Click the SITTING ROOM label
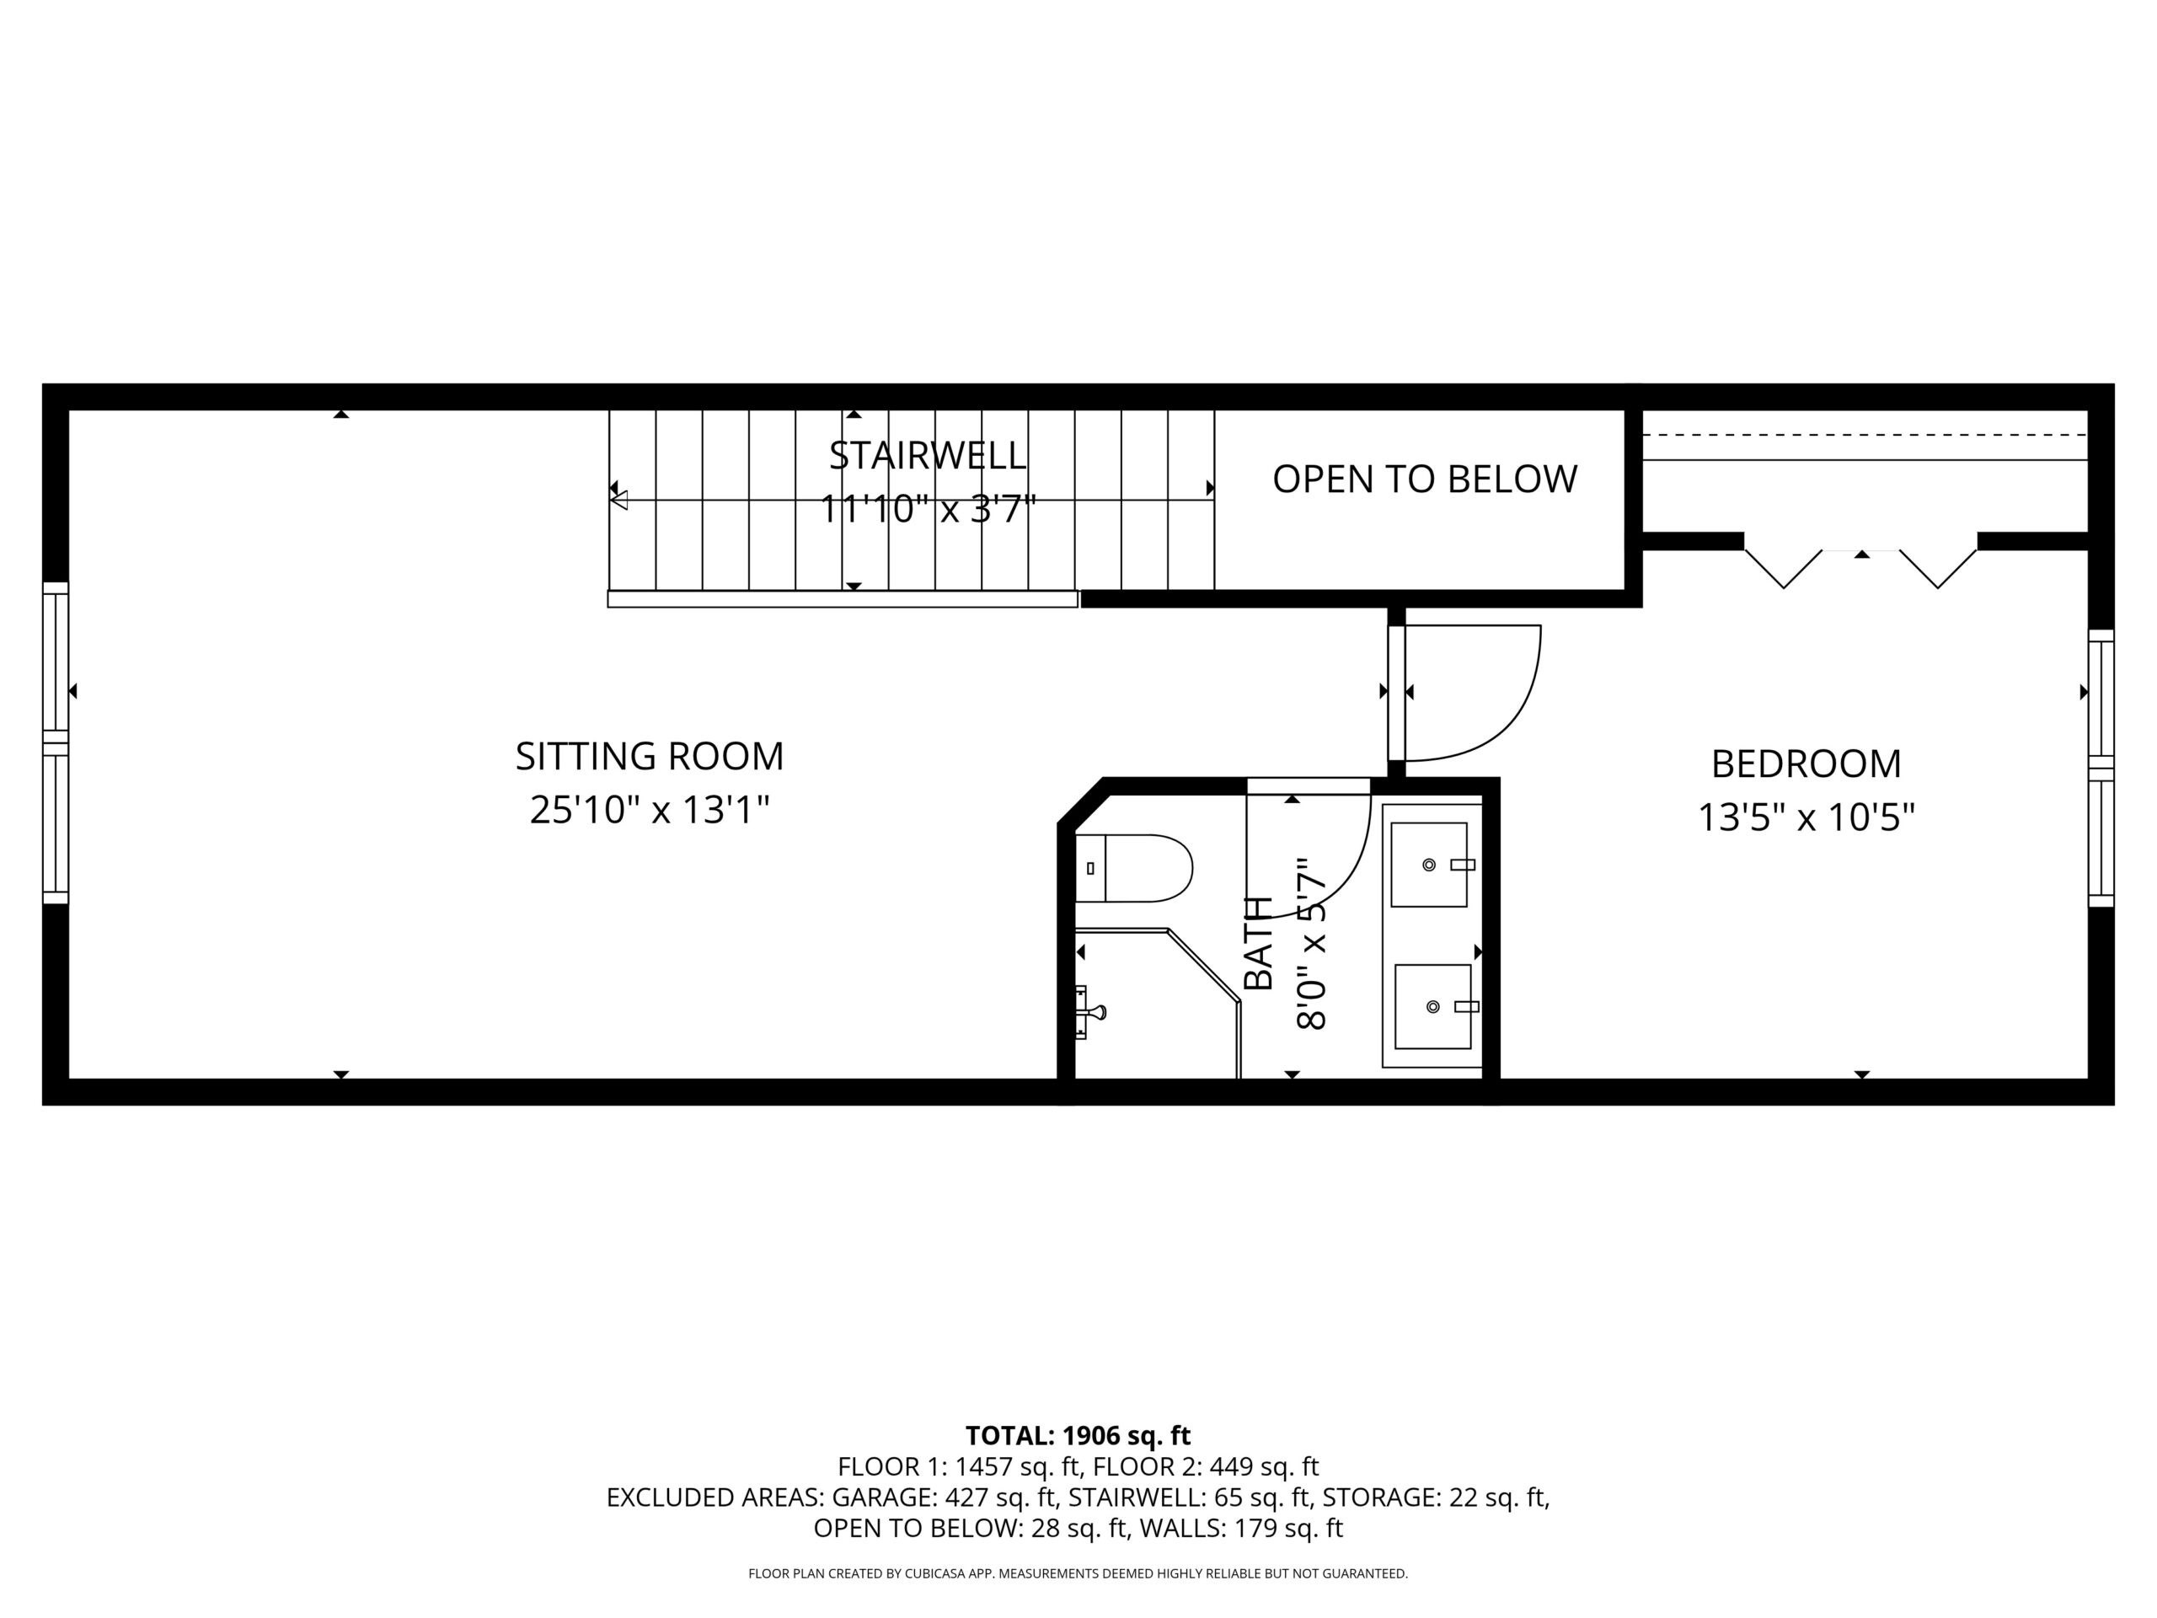tap(650, 756)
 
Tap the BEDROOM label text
tap(1806, 763)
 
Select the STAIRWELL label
tap(928, 455)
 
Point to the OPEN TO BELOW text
tap(1425, 479)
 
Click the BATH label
tap(1259, 942)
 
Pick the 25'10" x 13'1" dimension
tap(650, 810)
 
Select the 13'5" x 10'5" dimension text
tap(1806, 817)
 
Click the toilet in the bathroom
tap(1134, 868)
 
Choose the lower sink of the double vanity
tap(1432, 1006)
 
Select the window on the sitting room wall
tap(56, 743)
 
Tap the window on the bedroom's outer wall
tap(2101, 769)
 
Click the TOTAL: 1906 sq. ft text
tap(1078, 1436)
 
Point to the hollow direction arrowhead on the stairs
tap(618, 501)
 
